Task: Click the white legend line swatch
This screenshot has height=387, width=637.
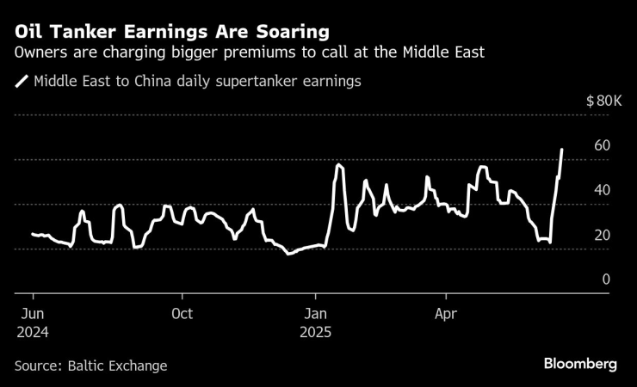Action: tap(22, 83)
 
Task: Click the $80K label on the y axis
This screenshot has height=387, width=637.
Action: tap(603, 101)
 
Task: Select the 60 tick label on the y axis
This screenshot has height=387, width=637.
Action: tap(602, 145)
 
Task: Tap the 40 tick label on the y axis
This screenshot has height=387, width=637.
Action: tap(602, 190)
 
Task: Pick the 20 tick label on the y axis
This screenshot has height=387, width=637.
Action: tap(602, 235)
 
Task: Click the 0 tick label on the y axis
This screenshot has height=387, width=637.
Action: tap(606, 279)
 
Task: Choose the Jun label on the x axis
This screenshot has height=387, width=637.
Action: tap(32, 314)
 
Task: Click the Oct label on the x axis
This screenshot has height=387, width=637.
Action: tap(182, 314)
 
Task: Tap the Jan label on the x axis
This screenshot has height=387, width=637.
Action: tap(316, 314)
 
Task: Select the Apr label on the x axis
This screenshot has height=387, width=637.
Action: tap(446, 314)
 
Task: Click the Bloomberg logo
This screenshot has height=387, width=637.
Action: tap(580, 364)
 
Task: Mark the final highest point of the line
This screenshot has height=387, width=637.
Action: tap(562, 150)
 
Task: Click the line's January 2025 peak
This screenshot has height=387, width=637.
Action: tap(338, 163)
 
